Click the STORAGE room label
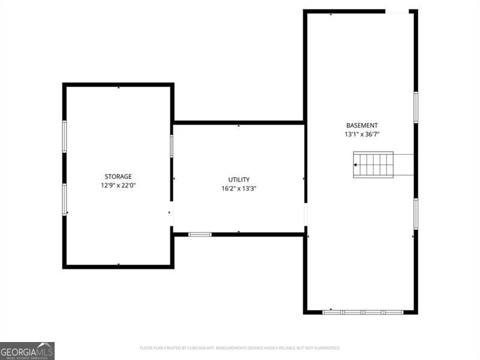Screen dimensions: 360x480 (118, 176)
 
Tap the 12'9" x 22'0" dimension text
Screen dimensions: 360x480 (118, 185)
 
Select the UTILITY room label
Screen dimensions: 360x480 (239, 179)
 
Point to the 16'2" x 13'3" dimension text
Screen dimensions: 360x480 (239, 188)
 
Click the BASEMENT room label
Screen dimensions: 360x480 (362, 125)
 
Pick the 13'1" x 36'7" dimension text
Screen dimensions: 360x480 (362, 134)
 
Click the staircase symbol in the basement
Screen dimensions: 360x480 (373, 164)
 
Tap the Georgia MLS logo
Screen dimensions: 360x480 (27, 350)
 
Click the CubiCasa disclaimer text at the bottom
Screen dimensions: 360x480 (240, 348)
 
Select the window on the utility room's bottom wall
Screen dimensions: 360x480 (200, 234)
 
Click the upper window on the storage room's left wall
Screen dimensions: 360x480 (64, 136)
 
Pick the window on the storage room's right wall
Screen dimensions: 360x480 (172, 146)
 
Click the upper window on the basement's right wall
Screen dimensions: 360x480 (415, 107)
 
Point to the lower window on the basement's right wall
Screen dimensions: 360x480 (415, 214)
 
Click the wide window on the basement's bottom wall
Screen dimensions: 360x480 (363, 312)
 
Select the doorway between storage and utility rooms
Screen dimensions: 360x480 (172, 213)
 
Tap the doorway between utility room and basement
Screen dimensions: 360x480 (305, 214)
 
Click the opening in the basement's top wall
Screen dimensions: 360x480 (397, 11)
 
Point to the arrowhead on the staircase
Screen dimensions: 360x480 (356, 164)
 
